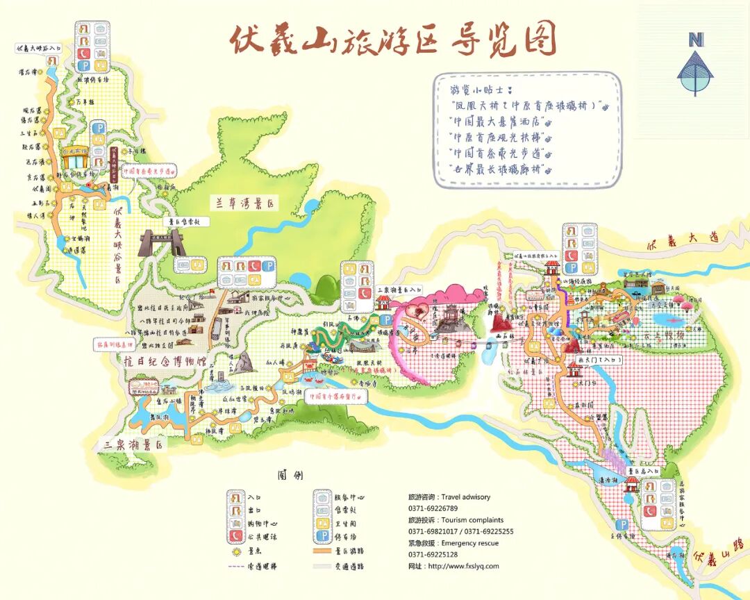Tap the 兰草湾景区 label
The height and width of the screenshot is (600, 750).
coord(244,203)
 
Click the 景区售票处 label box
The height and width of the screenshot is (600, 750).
coord(185,221)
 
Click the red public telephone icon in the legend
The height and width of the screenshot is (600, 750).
coord(237,536)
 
